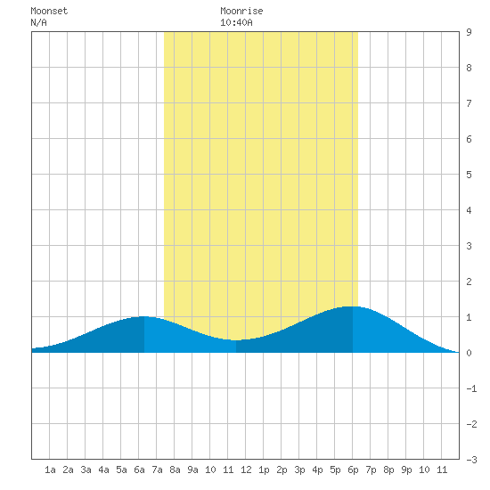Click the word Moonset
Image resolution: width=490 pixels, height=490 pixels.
point(49,11)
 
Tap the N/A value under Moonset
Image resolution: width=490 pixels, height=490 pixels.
point(38,22)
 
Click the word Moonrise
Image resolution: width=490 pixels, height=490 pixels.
point(241,11)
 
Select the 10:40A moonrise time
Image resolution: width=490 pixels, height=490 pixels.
point(236,22)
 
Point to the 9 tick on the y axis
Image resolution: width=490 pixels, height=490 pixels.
point(469,32)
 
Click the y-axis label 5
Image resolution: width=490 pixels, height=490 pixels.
point(469,175)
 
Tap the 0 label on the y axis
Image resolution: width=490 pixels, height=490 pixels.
point(469,353)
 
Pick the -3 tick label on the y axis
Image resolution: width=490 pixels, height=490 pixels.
point(471,460)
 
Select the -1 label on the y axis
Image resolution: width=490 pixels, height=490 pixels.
point(471,388)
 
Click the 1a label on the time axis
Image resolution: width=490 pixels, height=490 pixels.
point(50,470)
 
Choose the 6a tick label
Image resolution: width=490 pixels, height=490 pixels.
point(139,470)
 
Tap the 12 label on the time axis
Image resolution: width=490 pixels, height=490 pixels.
point(246,470)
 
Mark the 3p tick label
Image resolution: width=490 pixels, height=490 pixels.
point(299,470)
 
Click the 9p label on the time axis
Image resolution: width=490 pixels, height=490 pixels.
point(406,470)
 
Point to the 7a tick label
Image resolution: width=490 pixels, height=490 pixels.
point(157,470)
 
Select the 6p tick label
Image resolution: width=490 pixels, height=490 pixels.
point(353,470)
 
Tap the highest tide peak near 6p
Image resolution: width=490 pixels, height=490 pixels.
point(353,306)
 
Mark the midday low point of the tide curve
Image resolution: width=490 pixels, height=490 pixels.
point(236,340)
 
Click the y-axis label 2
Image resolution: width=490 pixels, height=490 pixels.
point(469,282)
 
